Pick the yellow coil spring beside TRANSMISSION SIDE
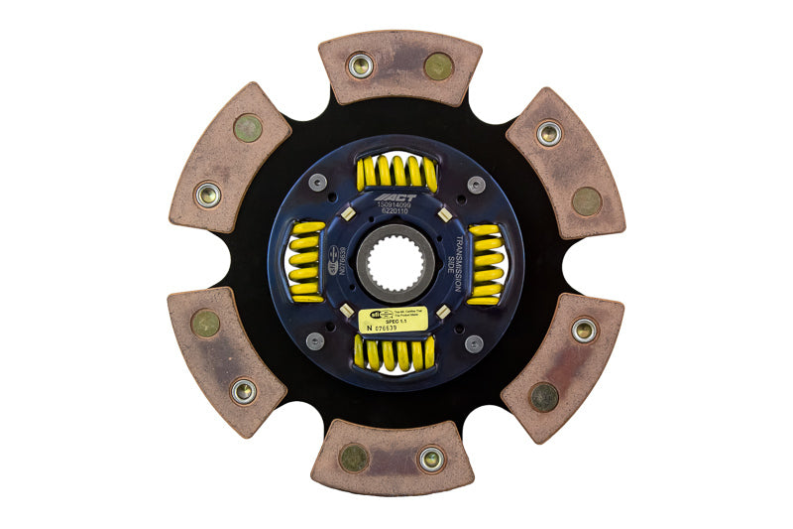(x=486, y=263)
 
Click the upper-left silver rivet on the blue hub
(x=316, y=183)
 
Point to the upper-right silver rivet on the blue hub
(x=476, y=184)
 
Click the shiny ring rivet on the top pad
(x=360, y=66)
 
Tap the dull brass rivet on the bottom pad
(x=354, y=458)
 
